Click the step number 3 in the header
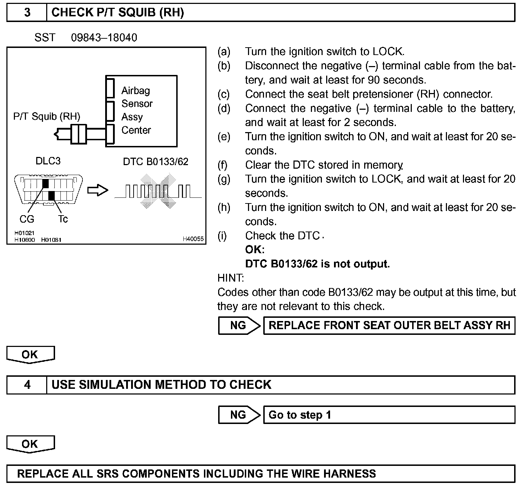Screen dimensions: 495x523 coord(27,13)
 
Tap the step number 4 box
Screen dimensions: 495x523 coord(27,385)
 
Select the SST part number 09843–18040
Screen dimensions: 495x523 coord(104,38)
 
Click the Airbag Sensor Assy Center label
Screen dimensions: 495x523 coord(137,110)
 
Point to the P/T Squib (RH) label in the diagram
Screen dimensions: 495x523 coord(47,116)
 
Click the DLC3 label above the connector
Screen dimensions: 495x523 coord(48,161)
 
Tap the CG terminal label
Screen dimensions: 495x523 coord(27,219)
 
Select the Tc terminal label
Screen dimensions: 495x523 coord(63,219)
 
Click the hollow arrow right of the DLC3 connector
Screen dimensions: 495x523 coord(97,190)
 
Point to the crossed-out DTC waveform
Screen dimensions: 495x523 coord(158,191)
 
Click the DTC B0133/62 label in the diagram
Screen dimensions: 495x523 coord(156,162)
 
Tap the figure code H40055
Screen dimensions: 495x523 coord(193,239)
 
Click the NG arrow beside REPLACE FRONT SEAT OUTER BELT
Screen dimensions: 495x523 coord(239,325)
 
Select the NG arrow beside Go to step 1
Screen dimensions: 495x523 coord(239,415)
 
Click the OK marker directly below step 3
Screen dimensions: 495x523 coord(30,355)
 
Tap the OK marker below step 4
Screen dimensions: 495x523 coord(30,444)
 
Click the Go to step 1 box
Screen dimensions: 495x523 coord(389,415)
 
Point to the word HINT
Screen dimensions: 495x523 coord(231,278)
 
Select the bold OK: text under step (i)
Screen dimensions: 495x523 coord(255,250)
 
